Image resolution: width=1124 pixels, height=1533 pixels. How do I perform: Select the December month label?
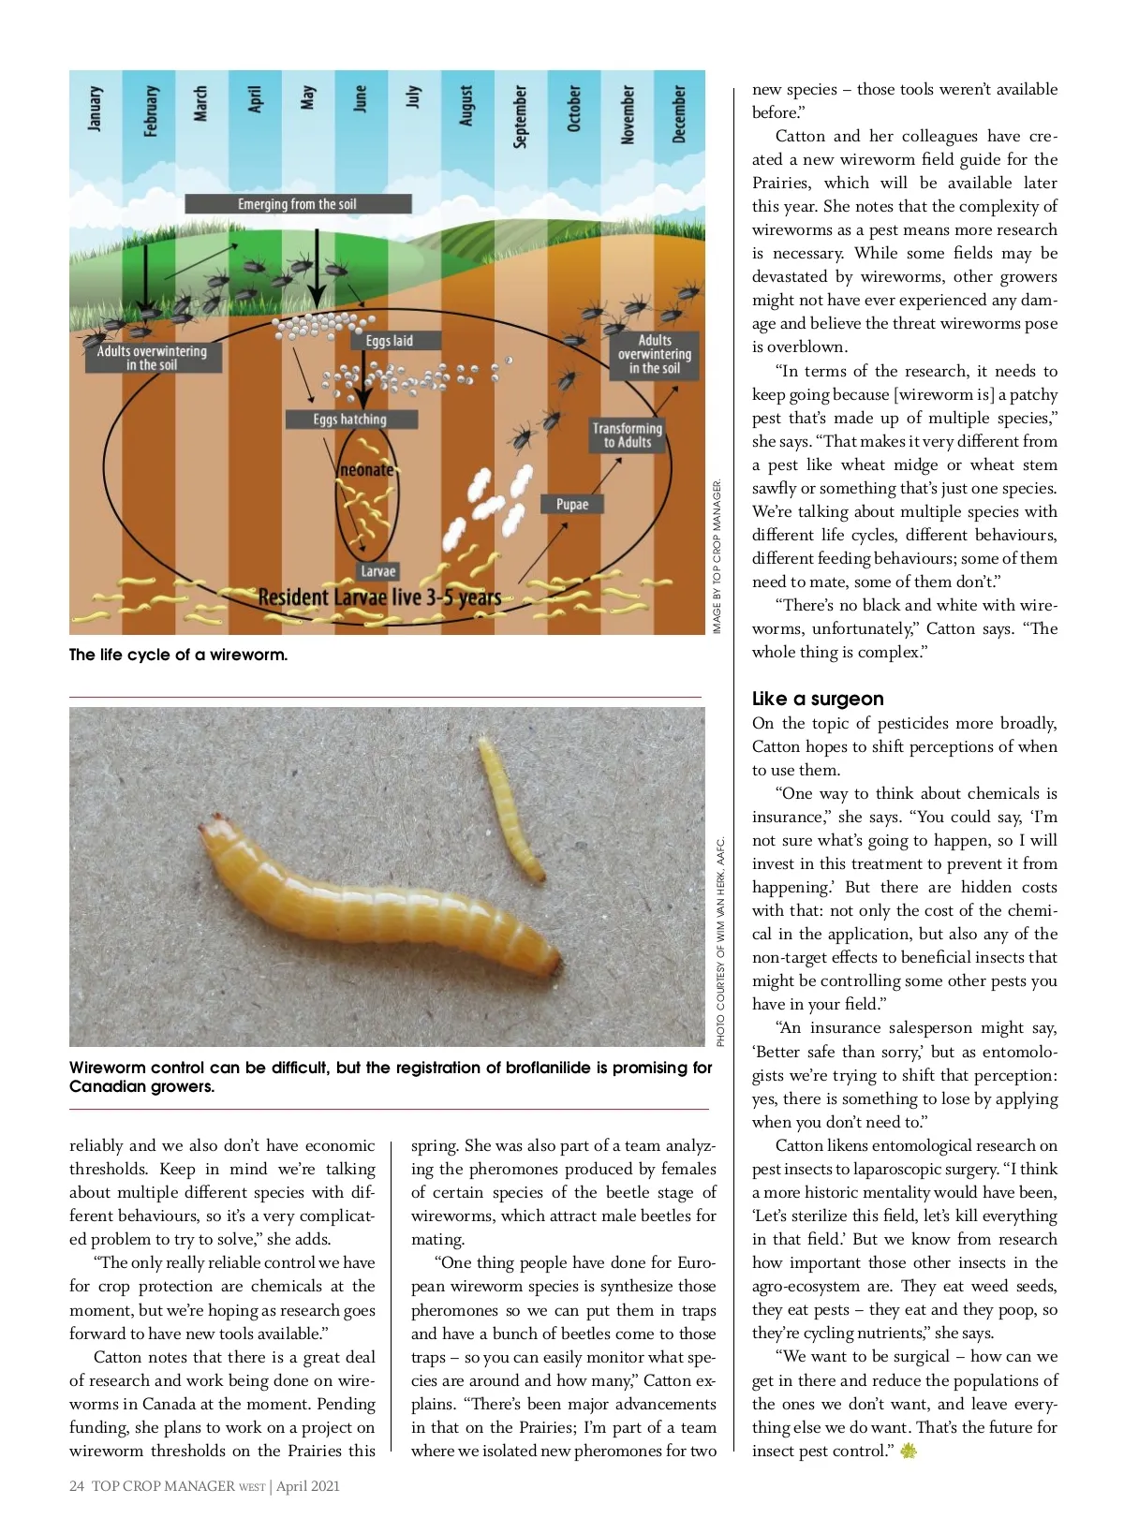[680, 114]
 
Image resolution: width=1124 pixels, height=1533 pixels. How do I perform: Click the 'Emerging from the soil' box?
[298, 204]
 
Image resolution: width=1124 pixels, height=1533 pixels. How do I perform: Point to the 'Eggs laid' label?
[390, 341]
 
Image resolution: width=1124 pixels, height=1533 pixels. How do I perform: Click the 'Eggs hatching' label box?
[350, 420]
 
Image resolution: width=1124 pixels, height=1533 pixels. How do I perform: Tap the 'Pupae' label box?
[572, 504]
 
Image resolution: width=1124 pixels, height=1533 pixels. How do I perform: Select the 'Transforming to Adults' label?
[628, 435]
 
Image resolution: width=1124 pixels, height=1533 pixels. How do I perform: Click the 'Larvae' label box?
[378, 571]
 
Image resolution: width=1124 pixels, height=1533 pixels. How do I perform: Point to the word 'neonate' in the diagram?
[366, 469]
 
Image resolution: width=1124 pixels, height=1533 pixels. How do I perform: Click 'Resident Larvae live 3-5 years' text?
[379, 597]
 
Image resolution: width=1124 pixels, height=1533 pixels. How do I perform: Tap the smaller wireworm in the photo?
[510, 810]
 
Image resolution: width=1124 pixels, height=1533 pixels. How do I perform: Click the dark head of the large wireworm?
[211, 827]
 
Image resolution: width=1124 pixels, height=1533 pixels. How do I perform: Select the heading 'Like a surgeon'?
[818, 699]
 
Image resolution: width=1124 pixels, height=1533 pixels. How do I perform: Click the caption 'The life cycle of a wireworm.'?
[178, 655]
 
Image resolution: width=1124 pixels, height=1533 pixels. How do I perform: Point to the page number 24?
[77, 1486]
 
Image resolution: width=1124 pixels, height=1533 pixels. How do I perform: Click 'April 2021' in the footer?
[308, 1486]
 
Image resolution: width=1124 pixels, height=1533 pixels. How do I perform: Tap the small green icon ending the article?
[908, 1452]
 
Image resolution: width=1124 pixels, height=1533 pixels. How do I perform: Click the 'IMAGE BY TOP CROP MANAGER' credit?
[717, 556]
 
